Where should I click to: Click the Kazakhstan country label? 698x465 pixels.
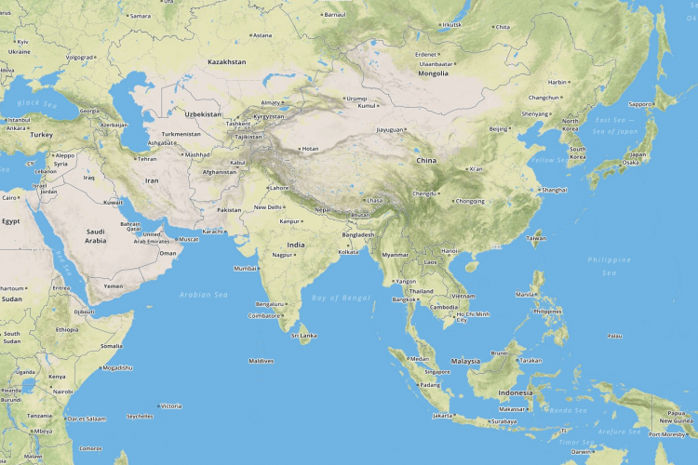[x=227, y=61]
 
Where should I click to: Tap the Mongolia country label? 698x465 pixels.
[x=433, y=73]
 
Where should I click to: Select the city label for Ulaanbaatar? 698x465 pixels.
[x=436, y=63]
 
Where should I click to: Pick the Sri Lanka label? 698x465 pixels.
[x=305, y=335]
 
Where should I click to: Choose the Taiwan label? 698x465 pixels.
[x=537, y=237]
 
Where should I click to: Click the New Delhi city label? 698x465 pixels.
[x=268, y=206]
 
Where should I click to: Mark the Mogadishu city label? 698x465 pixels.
[x=117, y=367]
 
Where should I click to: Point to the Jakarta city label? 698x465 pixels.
[x=443, y=416]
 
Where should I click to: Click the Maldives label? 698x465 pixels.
[x=262, y=360]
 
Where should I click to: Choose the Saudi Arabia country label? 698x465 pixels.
[x=95, y=236]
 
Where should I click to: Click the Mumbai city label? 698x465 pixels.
[x=245, y=268]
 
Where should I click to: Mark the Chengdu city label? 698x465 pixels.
[x=424, y=193]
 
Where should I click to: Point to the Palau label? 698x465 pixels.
[x=614, y=335]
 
